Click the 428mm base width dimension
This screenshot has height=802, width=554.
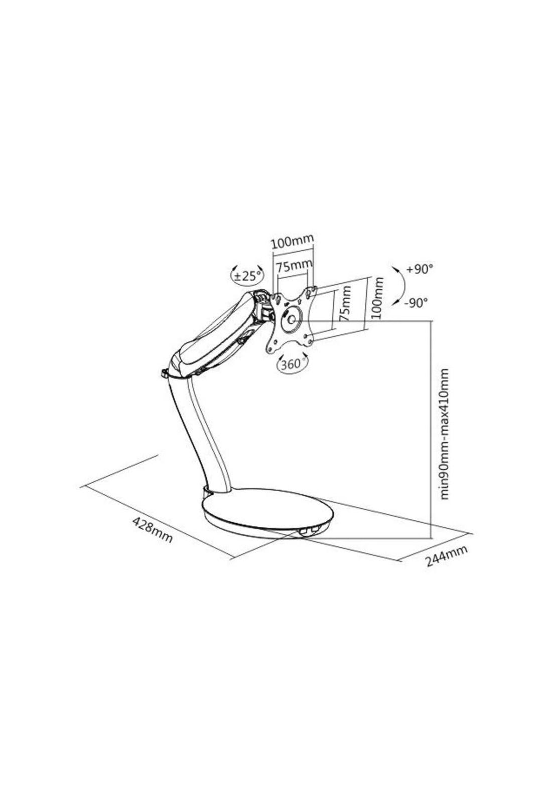point(152,530)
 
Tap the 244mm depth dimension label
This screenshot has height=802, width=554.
point(447,555)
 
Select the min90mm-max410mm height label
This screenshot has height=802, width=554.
point(444,434)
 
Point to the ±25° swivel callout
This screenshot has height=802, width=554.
point(246,275)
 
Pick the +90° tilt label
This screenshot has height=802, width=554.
point(419,269)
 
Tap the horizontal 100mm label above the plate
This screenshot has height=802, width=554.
point(292,242)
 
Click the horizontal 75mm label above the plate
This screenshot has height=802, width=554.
point(294,264)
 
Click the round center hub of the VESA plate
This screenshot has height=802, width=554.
point(291,319)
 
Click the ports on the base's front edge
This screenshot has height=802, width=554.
point(308,529)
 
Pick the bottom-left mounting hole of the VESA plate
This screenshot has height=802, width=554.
point(274,344)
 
